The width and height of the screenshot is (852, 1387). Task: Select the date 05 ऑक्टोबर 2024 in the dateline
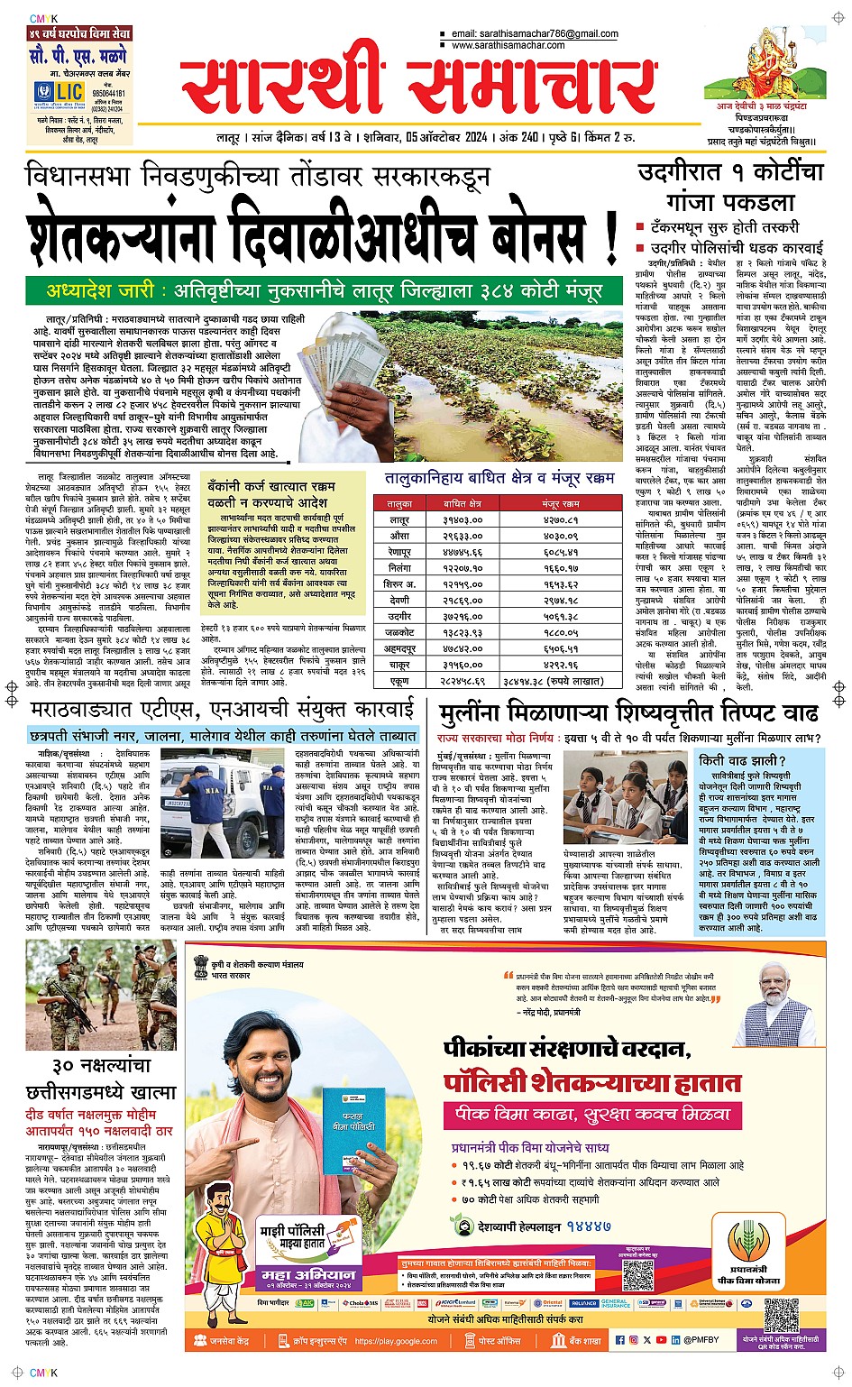[x=446, y=138]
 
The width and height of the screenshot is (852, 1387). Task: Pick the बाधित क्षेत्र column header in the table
[x=463, y=503]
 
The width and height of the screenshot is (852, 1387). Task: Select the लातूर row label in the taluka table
[x=399, y=520]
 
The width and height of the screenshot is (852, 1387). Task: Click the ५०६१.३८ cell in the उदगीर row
[x=561, y=617]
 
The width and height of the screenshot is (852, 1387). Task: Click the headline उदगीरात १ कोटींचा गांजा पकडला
[x=730, y=186]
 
